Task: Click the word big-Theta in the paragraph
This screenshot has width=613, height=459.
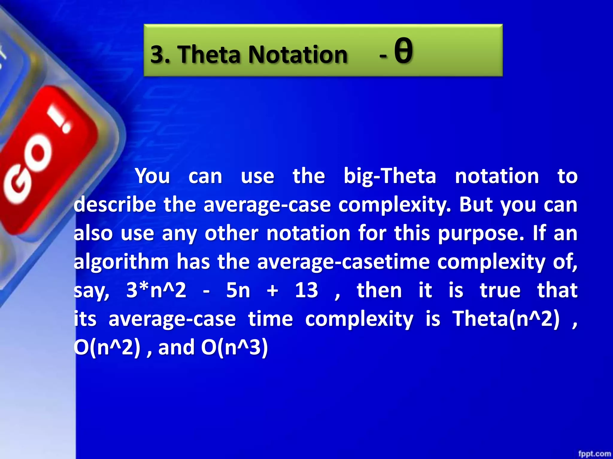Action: click(390, 176)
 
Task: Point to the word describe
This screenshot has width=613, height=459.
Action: click(115, 205)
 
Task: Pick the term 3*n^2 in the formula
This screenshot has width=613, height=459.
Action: click(156, 290)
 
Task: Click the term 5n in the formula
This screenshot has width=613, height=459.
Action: click(238, 290)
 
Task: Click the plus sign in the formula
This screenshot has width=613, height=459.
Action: click(272, 290)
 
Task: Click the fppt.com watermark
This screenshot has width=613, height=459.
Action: click(594, 454)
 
